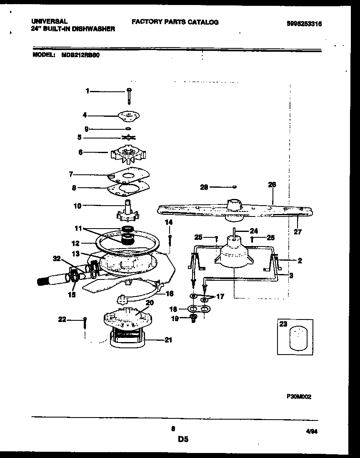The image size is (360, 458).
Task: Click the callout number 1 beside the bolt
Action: [x=87, y=91]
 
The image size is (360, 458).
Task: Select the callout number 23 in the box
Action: [x=283, y=324]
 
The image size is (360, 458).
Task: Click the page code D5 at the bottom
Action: [x=183, y=438]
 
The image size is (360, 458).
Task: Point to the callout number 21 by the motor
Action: [x=168, y=340]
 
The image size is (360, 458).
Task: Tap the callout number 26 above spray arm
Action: [x=272, y=184]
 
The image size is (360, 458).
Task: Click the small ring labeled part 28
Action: [x=235, y=187]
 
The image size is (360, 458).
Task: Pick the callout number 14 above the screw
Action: [x=169, y=223]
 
